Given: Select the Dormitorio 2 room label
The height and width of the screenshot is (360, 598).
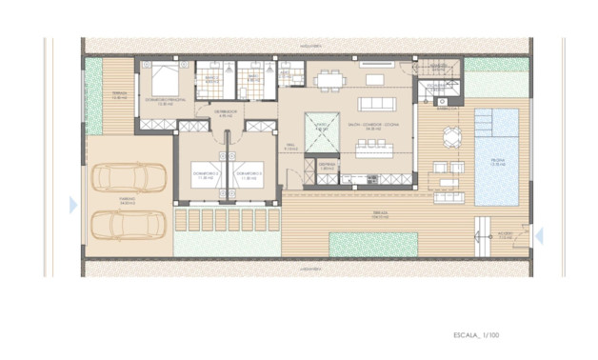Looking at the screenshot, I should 206,176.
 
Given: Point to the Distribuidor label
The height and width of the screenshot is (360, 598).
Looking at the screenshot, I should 225,112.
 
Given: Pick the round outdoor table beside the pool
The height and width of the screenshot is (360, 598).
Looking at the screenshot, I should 448,132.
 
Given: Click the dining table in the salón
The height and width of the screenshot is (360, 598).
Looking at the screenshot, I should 333,77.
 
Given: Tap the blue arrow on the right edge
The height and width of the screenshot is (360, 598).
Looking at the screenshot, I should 538,234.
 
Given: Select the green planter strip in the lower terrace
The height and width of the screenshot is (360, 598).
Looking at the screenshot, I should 374,244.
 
